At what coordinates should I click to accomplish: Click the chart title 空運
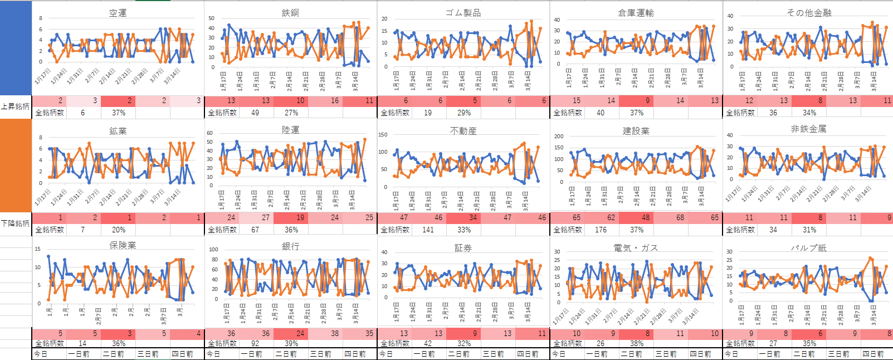point(118,13)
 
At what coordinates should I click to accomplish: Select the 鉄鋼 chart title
point(290,13)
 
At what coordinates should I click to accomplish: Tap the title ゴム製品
point(463,13)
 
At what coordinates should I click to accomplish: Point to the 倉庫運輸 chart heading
point(636,13)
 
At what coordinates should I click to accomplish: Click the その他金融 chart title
point(809,13)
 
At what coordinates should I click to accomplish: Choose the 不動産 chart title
point(463,131)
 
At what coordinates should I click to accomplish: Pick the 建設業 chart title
point(636,131)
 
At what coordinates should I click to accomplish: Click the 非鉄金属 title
point(809,129)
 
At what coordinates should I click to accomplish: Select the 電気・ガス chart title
point(636,248)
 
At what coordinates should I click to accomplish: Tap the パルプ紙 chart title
point(809,248)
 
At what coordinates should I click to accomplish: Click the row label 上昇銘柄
point(15,106)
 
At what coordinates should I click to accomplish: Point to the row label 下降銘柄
point(15,223)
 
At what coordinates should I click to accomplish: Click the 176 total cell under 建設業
point(601,230)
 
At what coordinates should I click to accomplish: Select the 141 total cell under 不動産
point(428,230)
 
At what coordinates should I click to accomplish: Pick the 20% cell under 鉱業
point(119,230)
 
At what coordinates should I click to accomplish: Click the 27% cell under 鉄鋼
point(291,113)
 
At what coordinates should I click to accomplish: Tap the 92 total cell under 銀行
point(255,343)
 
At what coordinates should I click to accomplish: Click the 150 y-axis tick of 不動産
point(383,134)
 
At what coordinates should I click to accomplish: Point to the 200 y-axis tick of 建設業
point(559,136)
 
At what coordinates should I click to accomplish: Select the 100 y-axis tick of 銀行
point(213,250)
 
